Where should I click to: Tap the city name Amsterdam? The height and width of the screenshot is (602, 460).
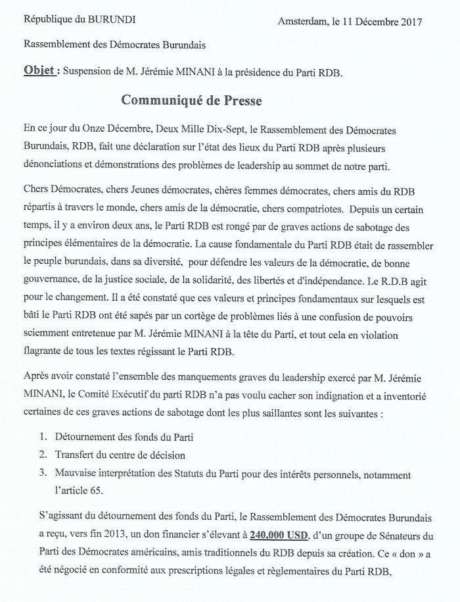click(x=307, y=22)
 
